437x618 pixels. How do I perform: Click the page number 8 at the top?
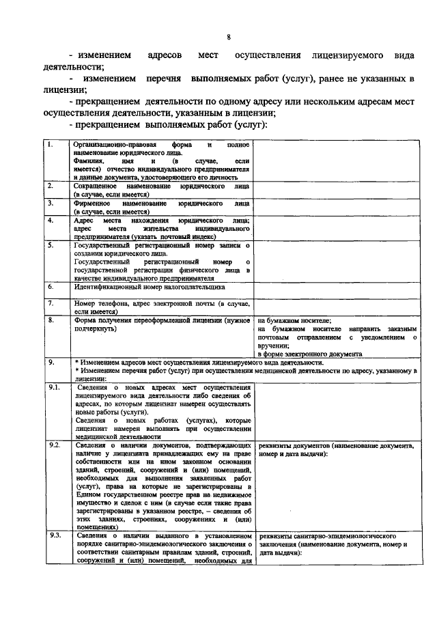pyautogui.click(x=229, y=37)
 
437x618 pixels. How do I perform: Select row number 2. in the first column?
pyautogui.click(x=50, y=186)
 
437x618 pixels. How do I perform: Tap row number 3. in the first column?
pyautogui.click(x=50, y=203)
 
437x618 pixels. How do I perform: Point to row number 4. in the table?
pyautogui.click(x=50, y=221)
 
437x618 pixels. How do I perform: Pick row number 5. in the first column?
pyautogui.click(x=50, y=245)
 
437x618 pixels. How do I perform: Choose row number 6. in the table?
pyautogui.click(x=50, y=286)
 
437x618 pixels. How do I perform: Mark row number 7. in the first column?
pyautogui.click(x=50, y=302)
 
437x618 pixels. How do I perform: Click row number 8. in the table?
pyautogui.click(x=50, y=320)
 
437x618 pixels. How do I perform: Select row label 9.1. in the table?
pyautogui.click(x=53, y=388)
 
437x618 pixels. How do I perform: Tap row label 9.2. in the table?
pyautogui.click(x=53, y=445)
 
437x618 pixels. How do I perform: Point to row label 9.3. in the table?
pyautogui.click(x=53, y=536)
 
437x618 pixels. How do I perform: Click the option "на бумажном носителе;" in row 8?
pyautogui.click(x=294, y=320)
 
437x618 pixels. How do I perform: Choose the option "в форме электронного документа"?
pyautogui.click(x=309, y=355)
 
